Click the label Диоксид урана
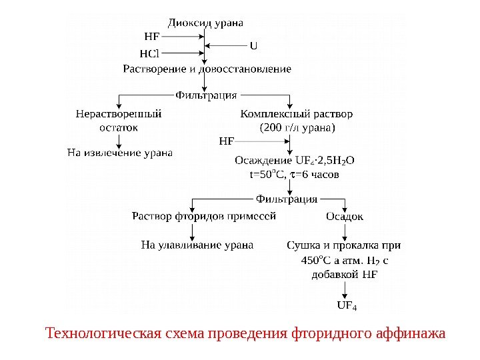205,23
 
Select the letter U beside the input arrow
253,45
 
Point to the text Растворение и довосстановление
207,69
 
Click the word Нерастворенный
119,113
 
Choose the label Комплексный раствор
297,113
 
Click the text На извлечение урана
120,153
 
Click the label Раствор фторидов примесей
203,216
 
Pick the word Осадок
345,216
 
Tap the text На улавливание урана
197,245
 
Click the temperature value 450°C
315,259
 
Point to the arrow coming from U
227,45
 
